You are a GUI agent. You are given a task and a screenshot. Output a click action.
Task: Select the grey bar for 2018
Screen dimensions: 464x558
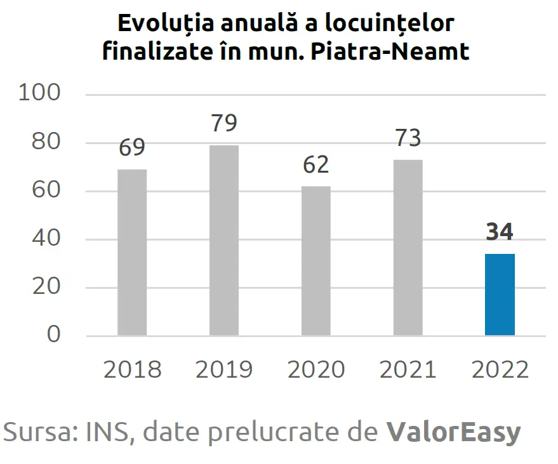[132, 252]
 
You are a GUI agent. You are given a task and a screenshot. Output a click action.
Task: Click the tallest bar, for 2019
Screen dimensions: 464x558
[224, 240]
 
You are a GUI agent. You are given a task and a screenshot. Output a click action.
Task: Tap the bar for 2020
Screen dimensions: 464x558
[316, 260]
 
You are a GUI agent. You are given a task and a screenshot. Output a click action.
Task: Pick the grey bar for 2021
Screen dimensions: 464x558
[408, 247]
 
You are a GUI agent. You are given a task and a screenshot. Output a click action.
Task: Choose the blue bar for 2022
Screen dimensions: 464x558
[500, 295]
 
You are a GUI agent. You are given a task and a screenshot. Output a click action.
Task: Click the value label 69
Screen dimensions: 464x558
[132, 147]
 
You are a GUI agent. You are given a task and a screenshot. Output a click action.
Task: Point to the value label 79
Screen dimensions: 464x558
[224, 123]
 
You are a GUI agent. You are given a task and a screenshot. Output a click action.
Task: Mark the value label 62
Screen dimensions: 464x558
[316, 164]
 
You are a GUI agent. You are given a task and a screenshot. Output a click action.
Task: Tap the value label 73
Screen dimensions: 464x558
[408, 138]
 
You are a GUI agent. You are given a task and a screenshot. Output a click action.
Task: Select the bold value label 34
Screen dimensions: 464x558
[500, 232]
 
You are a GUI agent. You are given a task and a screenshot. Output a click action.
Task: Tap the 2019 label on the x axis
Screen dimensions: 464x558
[224, 369]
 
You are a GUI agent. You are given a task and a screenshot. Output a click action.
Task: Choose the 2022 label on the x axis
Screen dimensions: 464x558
[500, 369]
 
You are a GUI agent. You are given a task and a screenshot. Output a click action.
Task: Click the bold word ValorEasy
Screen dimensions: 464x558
[453, 432]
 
